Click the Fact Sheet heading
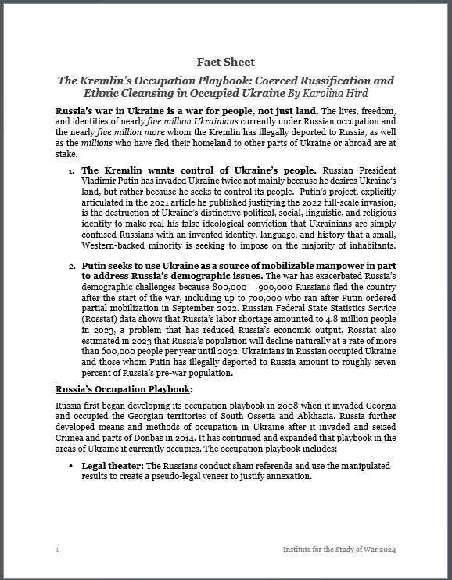[225, 62]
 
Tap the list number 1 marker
[71, 171]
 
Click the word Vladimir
[102, 181]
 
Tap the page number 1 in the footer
[57, 550]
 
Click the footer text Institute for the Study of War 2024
[339, 550]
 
